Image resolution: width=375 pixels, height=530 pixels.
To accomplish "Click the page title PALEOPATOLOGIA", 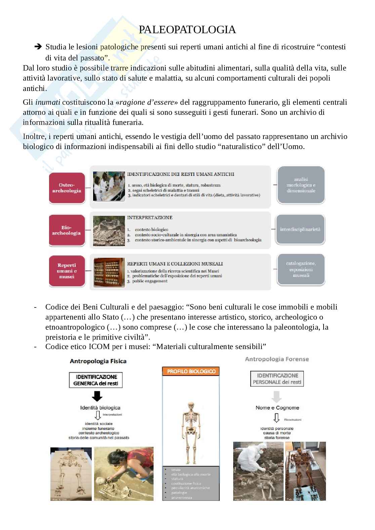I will coord(187,30).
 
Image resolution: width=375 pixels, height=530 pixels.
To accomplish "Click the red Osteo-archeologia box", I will coord(67,188).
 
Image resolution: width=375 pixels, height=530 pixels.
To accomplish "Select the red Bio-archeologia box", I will coord(67,230).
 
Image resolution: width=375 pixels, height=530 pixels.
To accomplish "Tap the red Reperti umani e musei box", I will coord(67,271).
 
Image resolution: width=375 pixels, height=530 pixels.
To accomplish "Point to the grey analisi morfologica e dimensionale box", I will coord(301,185).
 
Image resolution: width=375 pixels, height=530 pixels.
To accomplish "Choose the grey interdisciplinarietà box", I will coord(300,230).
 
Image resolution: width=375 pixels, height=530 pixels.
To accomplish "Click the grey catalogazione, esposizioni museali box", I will coord(301,270).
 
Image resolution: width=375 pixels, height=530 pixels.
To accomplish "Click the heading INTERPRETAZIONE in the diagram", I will coord(150,218).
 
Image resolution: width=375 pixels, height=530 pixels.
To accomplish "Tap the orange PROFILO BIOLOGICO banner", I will coord(191,371).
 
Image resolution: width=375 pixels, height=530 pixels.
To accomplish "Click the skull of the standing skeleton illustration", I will coord(191,407).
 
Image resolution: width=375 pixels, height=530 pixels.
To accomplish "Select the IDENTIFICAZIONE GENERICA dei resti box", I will coord(96,380).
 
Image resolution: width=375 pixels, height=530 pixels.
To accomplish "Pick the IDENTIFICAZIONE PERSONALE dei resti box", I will coord(277,379).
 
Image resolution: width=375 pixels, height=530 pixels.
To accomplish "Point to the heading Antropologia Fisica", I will coord(98,361).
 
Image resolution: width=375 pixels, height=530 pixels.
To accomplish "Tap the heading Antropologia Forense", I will coord(277,359).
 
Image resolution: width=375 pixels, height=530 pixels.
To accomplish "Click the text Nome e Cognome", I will coord(277,407).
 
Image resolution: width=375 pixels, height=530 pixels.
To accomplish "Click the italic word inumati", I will coord(48,102).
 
